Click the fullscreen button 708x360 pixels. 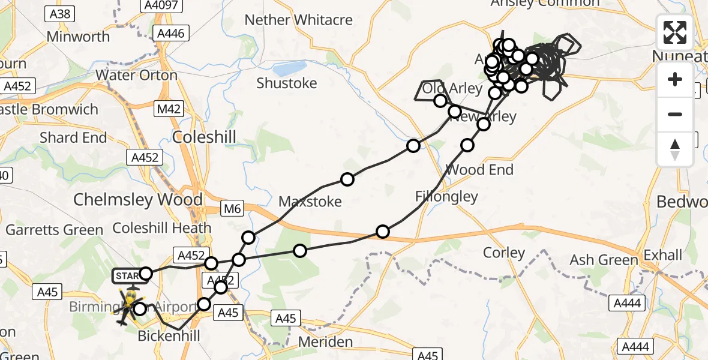pos(675,32)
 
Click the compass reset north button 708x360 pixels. pos(675,149)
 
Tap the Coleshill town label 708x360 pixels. pos(204,136)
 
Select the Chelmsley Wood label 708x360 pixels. pos(138,200)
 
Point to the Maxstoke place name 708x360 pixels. pos(310,201)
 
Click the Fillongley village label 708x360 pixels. pos(446,196)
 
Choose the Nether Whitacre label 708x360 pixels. pos(307,20)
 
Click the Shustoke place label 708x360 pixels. pos(286,83)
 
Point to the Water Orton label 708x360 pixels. pos(136,76)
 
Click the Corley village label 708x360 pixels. pos(504,253)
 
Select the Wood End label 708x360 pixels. pos(479,170)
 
